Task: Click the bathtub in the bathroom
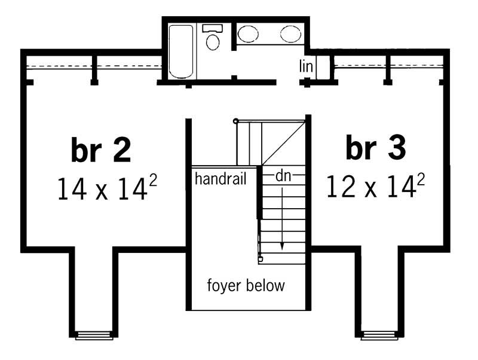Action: tap(180, 51)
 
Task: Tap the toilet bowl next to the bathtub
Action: tap(212, 42)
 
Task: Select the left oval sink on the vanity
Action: tap(248, 33)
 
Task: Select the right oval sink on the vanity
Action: tap(290, 33)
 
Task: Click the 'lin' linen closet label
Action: tap(306, 66)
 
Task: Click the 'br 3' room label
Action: tap(376, 148)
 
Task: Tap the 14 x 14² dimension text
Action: tap(107, 188)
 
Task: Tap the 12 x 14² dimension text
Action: tap(375, 187)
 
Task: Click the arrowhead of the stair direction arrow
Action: tap(281, 247)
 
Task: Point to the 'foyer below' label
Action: tap(246, 285)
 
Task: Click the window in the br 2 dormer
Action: tap(93, 335)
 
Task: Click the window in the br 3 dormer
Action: tap(379, 335)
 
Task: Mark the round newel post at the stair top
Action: tap(236, 121)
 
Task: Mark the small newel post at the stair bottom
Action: tap(261, 260)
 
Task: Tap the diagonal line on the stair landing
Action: tap(284, 142)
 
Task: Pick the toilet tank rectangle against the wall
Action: tap(212, 28)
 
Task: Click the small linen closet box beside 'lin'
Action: tap(323, 67)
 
